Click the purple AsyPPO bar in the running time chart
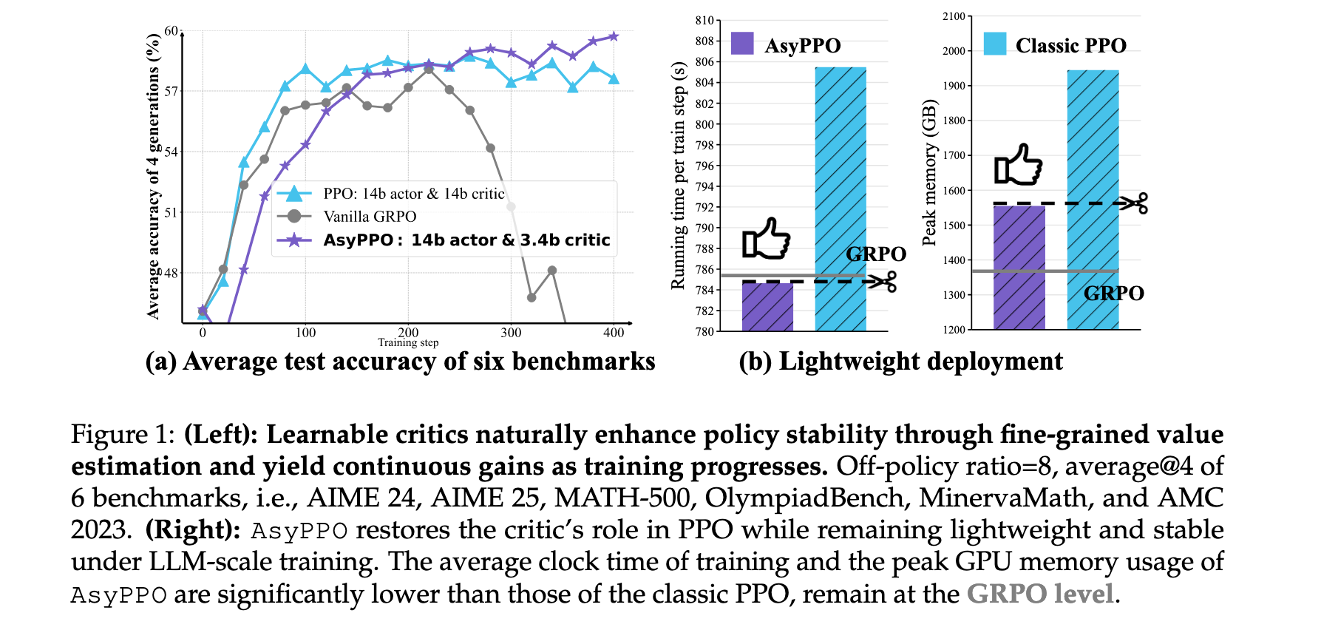[x=767, y=307]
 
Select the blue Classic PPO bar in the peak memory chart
[x=1093, y=200]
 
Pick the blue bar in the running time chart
[x=841, y=200]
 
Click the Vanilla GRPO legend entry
[x=370, y=217]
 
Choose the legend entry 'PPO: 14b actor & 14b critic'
[x=413, y=194]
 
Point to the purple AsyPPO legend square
[x=741, y=44]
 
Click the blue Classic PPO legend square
[x=994, y=44]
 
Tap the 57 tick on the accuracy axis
[x=172, y=91]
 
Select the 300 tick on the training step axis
[x=511, y=333]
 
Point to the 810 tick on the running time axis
[x=704, y=21]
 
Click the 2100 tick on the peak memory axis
[x=954, y=16]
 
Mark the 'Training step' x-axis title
[x=408, y=343]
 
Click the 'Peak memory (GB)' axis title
[x=929, y=174]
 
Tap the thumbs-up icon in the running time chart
[x=767, y=238]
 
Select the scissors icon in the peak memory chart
[x=1134, y=203]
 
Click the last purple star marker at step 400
[x=614, y=36]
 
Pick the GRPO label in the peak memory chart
[x=1113, y=294]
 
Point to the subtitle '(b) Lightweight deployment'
[x=900, y=362]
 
